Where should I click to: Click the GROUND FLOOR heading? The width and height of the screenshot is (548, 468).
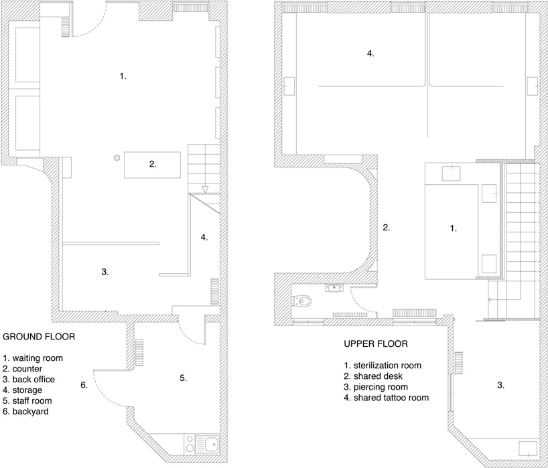point(39,336)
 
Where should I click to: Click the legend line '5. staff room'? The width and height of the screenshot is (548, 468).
point(29,400)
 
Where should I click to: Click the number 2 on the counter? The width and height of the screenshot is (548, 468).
point(153,163)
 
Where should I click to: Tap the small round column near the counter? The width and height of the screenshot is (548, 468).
point(117,158)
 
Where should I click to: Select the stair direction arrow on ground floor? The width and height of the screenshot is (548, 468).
point(206,189)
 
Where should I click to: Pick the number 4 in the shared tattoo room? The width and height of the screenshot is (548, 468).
point(370,53)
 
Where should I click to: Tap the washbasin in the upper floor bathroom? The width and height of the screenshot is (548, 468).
point(334,288)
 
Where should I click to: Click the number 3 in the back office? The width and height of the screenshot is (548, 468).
point(105,272)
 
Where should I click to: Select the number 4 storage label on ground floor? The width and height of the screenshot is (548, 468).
point(205,236)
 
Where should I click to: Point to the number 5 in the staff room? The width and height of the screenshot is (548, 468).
point(183,378)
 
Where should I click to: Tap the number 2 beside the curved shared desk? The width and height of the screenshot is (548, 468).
point(386,228)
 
